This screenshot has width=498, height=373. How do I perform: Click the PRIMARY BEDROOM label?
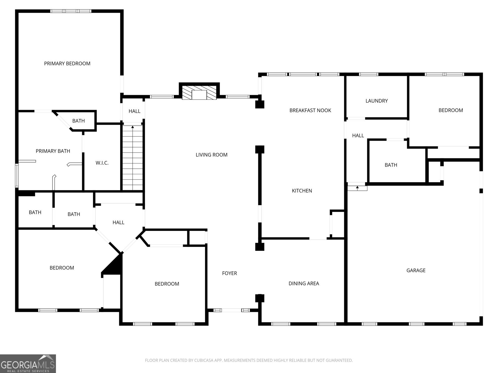pos(67,64)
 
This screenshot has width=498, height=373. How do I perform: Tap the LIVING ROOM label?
pos(211,155)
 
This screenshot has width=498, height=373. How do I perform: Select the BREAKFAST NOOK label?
pos(310,111)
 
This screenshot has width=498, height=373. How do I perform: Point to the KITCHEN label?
pos(302,191)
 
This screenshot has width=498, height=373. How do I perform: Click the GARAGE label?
pos(416,270)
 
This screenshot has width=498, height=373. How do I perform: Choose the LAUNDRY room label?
pos(377,101)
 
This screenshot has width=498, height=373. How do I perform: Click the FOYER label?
pos(229,273)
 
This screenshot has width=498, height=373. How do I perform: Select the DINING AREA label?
pos(304,283)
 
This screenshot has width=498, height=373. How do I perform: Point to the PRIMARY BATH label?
pos(53,151)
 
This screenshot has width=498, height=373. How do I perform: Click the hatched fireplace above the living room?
pos(199,92)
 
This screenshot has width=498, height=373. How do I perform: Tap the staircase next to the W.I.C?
pos(133,158)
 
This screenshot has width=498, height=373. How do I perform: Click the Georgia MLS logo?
pos(28,363)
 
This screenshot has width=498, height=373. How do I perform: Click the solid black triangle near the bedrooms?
pos(112,264)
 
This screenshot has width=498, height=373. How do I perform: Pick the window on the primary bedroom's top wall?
pos(71,11)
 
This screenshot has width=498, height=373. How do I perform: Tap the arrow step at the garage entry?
pos(357,188)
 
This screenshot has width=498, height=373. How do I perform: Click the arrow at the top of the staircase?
pos(133,127)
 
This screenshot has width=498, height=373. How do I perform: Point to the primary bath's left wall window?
pos(17,176)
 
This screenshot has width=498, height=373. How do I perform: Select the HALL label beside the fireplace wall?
pos(134,111)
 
